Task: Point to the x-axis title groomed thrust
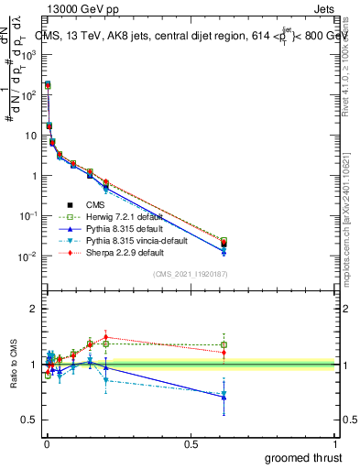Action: point(304,457)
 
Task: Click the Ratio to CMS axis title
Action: point(14,364)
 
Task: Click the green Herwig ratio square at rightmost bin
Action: point(224,345)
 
